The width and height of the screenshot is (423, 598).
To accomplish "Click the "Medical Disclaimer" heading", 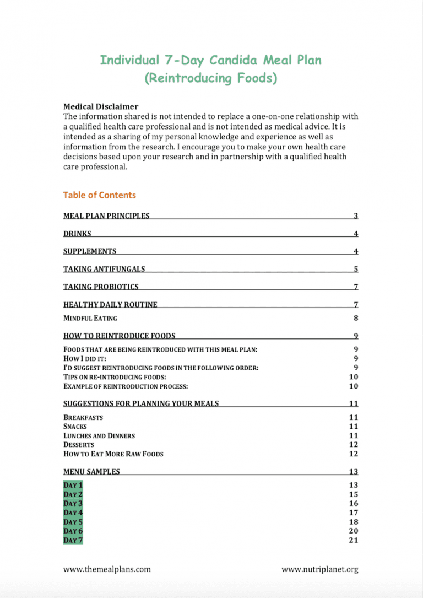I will click(101, 106).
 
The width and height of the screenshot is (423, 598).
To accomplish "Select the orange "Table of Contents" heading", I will click(99, 195).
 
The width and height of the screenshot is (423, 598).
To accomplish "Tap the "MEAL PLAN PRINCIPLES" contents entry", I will click(106, 216).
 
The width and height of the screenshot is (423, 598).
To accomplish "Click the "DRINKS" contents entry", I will click(77, 234).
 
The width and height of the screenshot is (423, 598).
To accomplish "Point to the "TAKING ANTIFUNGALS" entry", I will click(104, 269).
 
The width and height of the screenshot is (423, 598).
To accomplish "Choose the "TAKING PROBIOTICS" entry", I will click(101, 287).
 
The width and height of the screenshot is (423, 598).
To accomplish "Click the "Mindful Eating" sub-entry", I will click(90, 318).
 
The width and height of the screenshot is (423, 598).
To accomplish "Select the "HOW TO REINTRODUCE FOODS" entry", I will click(120, 336).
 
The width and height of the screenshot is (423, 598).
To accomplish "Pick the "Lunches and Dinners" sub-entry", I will click(99, 436).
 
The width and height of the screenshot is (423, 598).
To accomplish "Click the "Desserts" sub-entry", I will click(79, 445).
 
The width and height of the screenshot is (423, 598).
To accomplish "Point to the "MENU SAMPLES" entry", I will click(91, 472).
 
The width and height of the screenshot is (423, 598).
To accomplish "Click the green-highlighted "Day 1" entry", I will click(73, 485).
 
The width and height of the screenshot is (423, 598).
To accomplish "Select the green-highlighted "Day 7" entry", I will click(73, 540).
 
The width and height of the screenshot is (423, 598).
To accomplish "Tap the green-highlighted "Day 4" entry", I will click(73, 513).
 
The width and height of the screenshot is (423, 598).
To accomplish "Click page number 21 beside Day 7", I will click(354, 540).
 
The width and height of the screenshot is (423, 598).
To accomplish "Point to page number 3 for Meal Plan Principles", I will click(356, 216).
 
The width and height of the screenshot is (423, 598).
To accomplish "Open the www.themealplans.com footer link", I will click(107, 569).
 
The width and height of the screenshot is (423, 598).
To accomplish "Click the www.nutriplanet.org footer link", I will click(320, 569).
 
